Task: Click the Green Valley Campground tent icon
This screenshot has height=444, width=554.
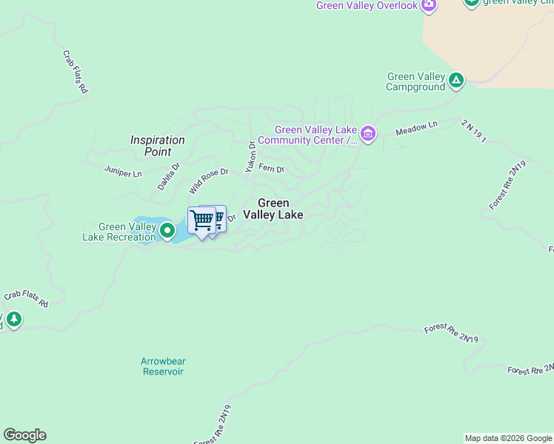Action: click(x=456, y=80)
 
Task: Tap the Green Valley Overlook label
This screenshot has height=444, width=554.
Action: click(x=366, y=6)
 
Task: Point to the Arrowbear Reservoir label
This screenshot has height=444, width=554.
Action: click(x=163, y=366)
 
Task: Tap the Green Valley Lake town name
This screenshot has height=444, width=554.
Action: click(x=273, y=209)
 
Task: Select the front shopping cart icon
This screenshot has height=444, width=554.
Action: click(x=201, y=220)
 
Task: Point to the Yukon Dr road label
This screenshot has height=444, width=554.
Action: click(x=251, y=155)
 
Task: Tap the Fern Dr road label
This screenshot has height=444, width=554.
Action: click(x=271, y=169)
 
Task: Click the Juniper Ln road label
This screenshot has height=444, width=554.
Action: click(x=124, y=173)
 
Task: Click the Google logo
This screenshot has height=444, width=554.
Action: click(x=24, y=435)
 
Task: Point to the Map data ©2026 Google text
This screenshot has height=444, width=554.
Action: click(x=508, y=438)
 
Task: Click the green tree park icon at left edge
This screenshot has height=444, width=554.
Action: click(x=13, y=320)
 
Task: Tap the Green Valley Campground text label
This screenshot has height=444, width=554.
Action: click(x=415, y=81)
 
